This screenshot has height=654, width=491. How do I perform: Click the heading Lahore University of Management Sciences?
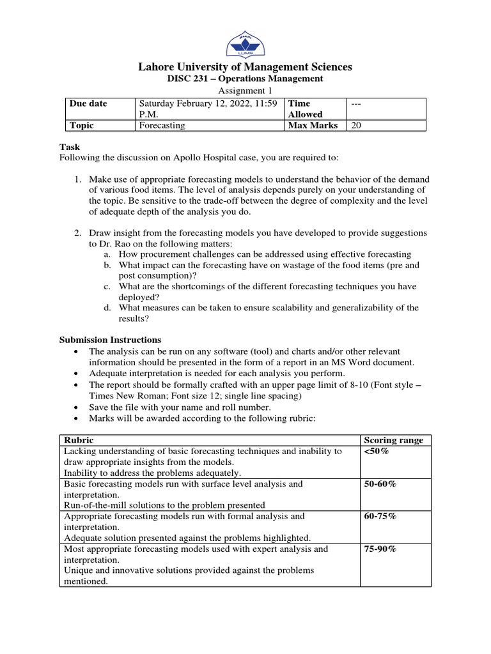[x=245, y=67]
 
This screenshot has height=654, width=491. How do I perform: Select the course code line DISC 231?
[x=245, y=79]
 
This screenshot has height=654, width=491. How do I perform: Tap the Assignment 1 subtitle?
[x=245, y=91]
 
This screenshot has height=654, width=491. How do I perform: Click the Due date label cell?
[x=88, y=103]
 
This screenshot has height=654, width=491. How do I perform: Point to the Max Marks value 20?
[x=356, y=125]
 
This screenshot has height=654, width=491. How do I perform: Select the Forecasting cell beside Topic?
[x=162, y=125]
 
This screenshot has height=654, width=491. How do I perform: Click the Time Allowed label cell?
[x=300, y=109]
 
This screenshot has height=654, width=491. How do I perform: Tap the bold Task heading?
[x=70, y=147]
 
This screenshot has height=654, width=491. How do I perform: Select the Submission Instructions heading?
[x=110, y=340]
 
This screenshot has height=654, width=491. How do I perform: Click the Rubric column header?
[x=77, y=440]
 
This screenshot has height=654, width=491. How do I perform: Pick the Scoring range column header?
[x=393, y=440]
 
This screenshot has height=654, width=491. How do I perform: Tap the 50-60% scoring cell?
[x=380, y=484]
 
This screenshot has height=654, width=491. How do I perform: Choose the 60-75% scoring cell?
[x=380, y=516]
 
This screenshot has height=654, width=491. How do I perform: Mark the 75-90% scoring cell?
[x=380, y=549]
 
